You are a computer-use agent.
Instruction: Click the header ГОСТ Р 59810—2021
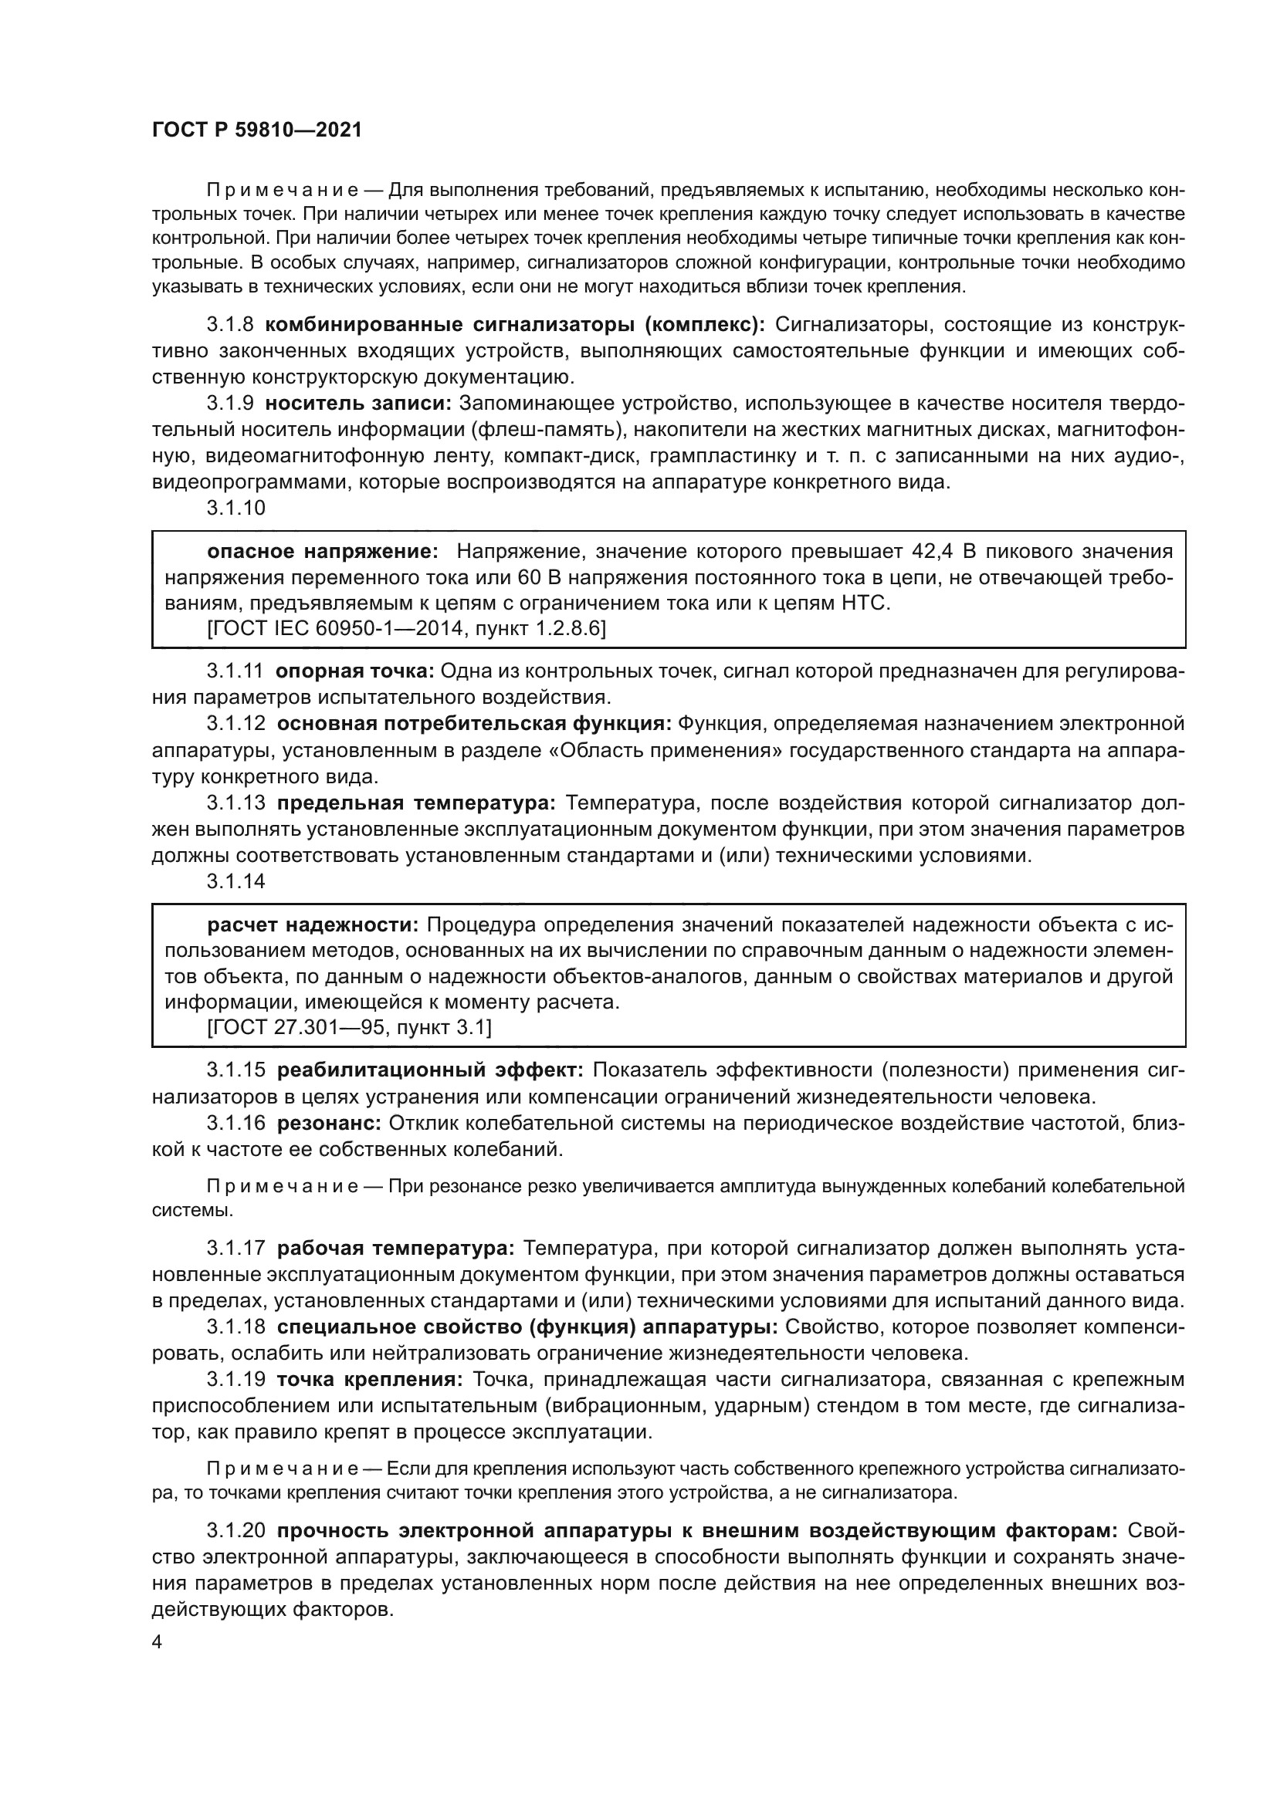click(256, 130)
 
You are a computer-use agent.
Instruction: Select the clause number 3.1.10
click(236, 508)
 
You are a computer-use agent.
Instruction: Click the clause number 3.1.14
click(236, 881)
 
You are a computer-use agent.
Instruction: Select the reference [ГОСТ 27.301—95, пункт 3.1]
click(349, 1026)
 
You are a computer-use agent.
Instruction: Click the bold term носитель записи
click(357, 404)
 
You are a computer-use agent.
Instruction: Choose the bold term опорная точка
click(354, 671)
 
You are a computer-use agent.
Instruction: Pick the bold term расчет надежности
click(314, 924)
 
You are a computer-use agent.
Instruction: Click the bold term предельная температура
click(416, 803)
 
